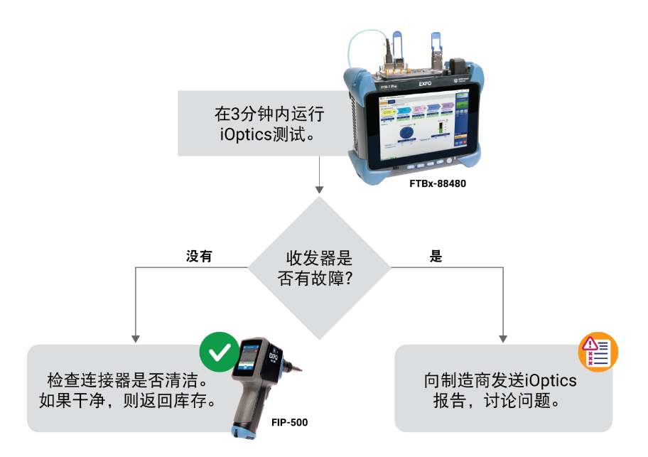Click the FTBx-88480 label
click(438, 183)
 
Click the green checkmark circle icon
click(219, 350)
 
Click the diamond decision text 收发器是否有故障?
click(319, 268)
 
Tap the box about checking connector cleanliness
click(128, 389)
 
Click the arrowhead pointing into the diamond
click(319, 190)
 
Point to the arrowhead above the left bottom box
click(135, 338)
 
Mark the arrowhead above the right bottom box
click(504, 338)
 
